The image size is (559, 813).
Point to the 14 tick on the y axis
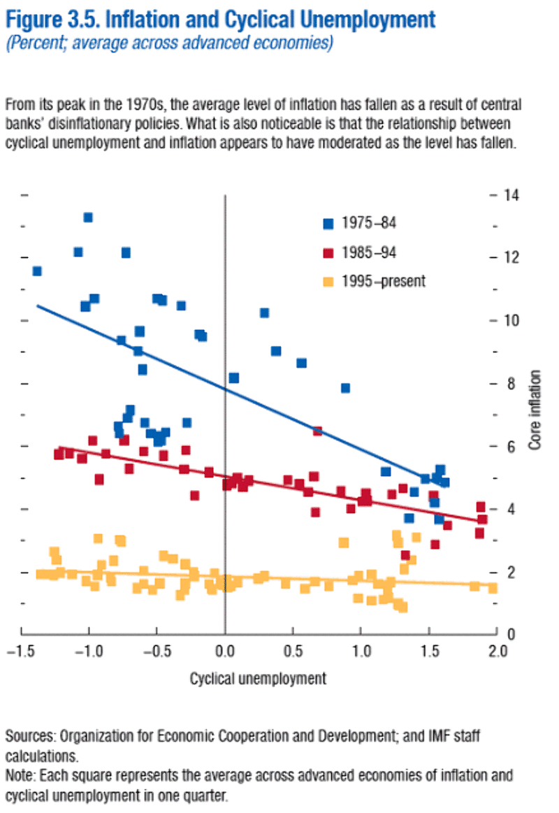point(511,194)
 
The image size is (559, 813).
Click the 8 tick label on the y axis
point(511,383)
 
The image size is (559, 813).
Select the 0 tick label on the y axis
point(511,634)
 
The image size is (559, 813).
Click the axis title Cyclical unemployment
point(259,678)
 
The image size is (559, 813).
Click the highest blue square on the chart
point(88,217)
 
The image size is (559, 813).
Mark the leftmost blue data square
point(37,271)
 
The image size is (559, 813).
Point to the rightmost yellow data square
point(493,588)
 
